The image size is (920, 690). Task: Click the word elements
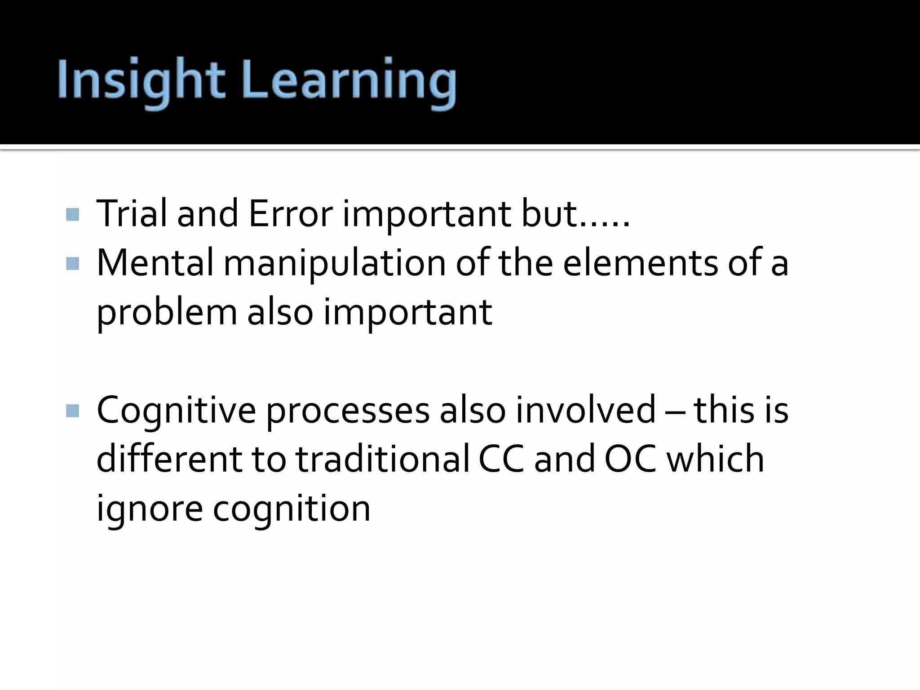[640, 263]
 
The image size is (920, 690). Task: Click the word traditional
[382, 459]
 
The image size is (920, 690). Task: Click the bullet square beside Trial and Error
[72, 214]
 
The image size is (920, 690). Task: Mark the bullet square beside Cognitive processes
[72, 411]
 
